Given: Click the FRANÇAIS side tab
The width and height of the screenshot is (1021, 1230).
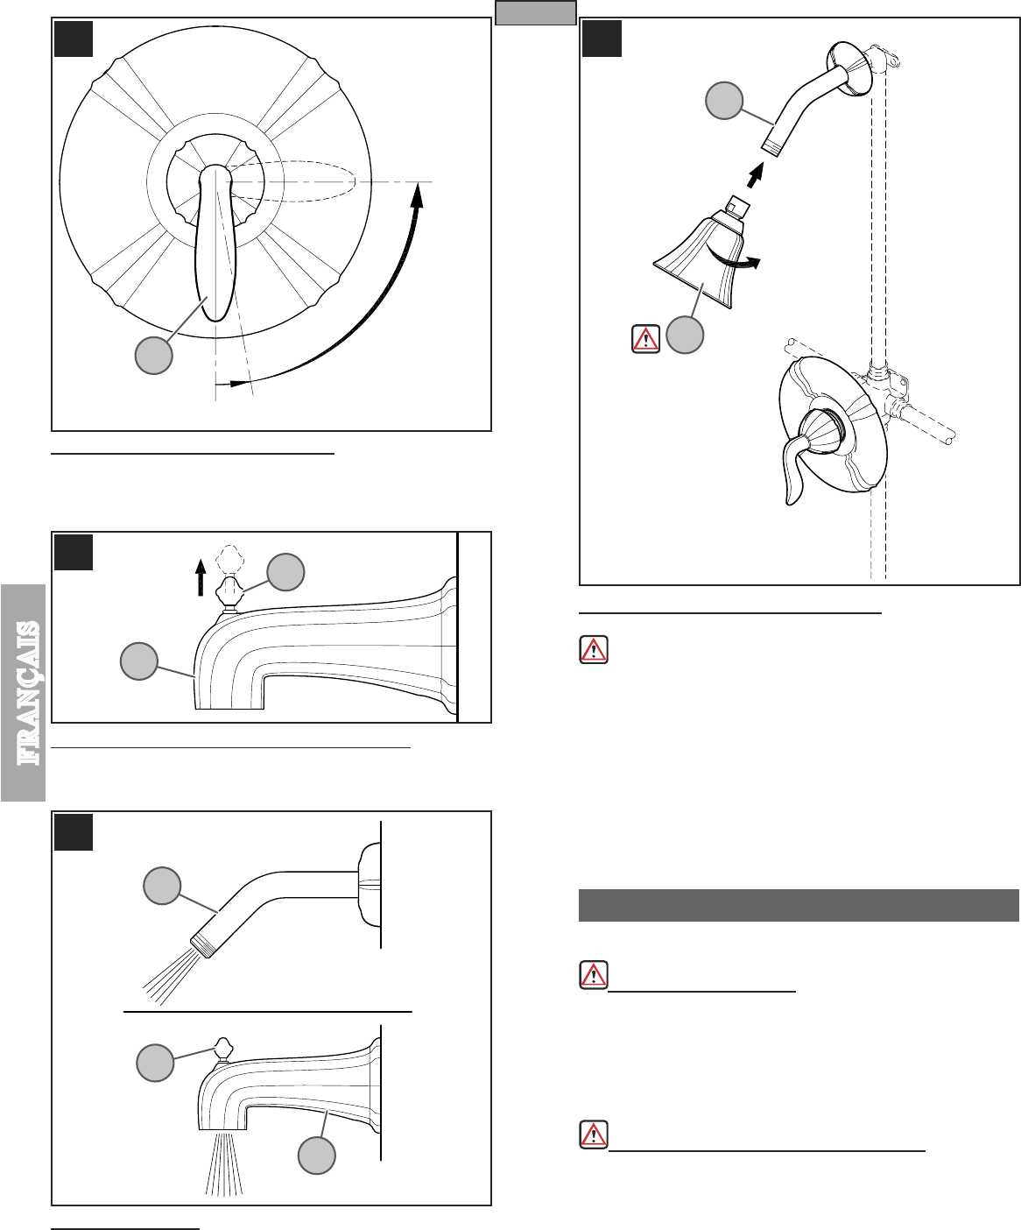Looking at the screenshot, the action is tap(23, 693).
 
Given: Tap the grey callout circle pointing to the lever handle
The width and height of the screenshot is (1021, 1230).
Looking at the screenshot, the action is tap(154, 355).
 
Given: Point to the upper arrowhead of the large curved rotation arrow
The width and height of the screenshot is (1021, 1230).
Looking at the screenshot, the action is tap(418, 194).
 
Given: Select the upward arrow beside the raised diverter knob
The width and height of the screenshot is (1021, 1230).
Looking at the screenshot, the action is tap(201, 577).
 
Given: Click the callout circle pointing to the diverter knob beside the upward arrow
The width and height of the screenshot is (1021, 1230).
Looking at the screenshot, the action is tap(285, 572).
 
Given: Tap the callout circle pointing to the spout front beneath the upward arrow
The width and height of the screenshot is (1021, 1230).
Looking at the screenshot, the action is tap(139, 661).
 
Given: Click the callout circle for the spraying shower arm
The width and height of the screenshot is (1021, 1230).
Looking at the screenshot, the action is tap(162, 886).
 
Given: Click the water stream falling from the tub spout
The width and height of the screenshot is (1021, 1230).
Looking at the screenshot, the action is tap(224, 1163).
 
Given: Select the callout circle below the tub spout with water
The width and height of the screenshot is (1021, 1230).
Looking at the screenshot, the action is tap(317, 1156).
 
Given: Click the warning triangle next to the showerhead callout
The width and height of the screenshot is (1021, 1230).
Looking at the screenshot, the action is tap(646, 339).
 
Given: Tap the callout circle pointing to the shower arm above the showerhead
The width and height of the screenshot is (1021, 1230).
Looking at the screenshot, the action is tap(724, 100).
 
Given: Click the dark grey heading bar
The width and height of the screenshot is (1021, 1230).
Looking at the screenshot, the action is tap(799, 906).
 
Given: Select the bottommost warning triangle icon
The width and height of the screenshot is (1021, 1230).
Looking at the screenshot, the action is tap(594, 1135).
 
